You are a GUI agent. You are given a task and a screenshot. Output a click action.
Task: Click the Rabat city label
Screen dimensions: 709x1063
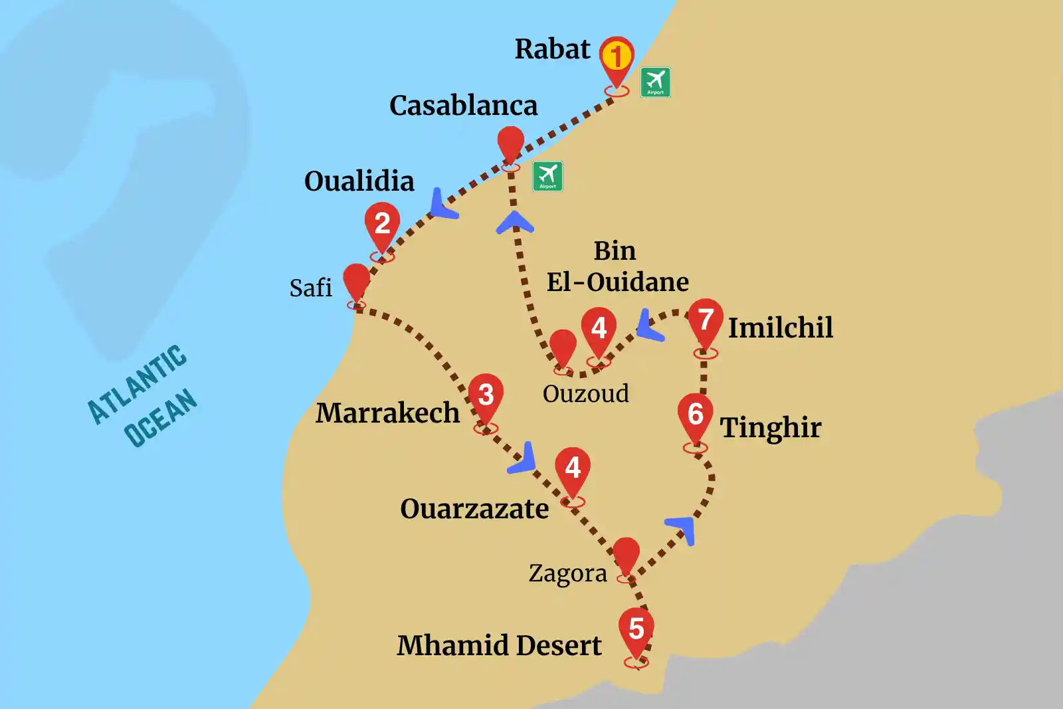pos(552,49)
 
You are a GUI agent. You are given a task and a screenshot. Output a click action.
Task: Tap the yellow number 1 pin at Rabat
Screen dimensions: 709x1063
pos(617,57)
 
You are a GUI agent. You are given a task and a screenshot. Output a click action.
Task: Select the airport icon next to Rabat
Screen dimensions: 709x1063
pos(655,82)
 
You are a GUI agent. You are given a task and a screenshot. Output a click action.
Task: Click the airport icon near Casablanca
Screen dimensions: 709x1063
pos(547,176)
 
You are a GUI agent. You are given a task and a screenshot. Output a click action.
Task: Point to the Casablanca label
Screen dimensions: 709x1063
pos(463,106)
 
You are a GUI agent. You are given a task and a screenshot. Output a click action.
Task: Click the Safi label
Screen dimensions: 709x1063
pos(310,288)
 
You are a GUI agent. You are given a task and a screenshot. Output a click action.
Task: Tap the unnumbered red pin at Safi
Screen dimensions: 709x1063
pos(356,280)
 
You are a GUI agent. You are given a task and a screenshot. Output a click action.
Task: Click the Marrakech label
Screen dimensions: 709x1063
pos(387,413)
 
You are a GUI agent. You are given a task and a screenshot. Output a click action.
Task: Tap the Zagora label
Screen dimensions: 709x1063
pos(567,573)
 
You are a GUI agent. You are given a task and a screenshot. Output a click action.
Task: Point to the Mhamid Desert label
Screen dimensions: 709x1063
pos(499,645)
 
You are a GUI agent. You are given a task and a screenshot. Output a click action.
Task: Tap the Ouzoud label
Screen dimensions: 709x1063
pos(585,393)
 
